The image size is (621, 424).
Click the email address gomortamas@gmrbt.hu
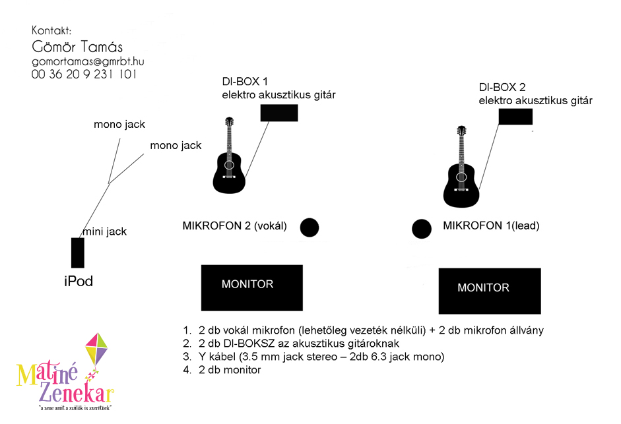88,62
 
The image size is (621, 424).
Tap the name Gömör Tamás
77,46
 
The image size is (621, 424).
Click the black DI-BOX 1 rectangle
278,113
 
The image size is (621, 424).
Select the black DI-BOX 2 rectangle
515,117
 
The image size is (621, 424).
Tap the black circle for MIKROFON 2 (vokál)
310,227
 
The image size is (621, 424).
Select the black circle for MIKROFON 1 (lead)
422,229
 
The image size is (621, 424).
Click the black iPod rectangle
78,253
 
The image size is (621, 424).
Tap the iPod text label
79,281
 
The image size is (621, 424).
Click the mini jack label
105,231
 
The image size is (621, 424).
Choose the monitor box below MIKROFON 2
252,288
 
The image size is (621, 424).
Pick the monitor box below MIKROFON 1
490,291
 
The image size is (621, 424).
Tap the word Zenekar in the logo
77,393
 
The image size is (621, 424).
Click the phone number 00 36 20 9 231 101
84,74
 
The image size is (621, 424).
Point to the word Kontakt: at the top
51,30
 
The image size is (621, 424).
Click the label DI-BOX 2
502,87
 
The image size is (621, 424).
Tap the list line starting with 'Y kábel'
313,357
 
